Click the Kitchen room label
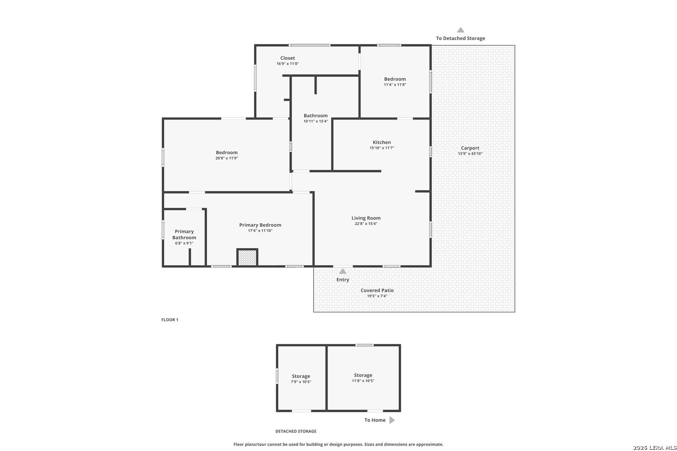[382, 142]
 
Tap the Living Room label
[366, 218]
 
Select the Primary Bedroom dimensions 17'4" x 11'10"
[260, 231]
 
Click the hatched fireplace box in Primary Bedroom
[247, 258]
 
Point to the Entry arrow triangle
[343, 271]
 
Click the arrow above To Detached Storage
[461, 30]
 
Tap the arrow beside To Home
[392, 420]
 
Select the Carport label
[470, 148]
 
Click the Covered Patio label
[377, 290]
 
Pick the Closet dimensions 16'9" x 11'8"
[288, 64]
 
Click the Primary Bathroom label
[184, 234]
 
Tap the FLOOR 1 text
[170, 320]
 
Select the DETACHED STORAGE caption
[295, 431]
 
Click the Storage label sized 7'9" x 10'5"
[301, 376]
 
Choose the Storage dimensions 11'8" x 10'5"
[363, 381]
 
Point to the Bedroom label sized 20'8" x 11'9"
[227, 152]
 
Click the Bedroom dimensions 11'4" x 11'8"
[395, 85]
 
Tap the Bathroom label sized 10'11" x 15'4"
[316, 116]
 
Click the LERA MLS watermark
[654, 448]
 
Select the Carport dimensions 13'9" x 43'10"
[470, 154]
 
